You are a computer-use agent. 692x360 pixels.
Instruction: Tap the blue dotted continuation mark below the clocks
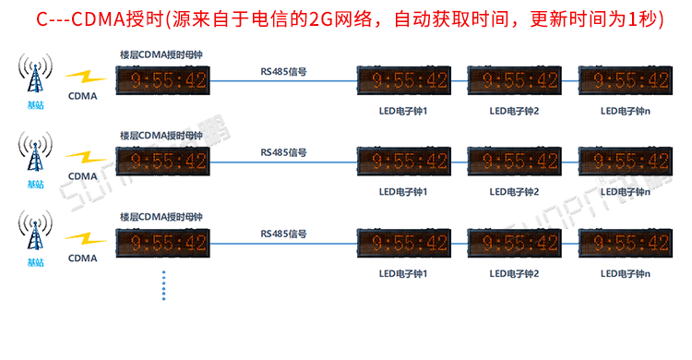(x=163, y=285)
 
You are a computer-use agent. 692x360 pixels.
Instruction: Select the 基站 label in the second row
(x=35, y=184)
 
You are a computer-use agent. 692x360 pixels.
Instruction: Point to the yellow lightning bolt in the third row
(x=86, y=238)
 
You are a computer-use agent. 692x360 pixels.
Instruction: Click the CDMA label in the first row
(x=83, y=96)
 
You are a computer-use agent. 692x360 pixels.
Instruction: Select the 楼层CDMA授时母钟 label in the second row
(x=161, y=136)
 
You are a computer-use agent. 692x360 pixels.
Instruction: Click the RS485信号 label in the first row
(x=283, y=71)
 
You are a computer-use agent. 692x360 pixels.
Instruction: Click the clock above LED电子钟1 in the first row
(x=403, y=81)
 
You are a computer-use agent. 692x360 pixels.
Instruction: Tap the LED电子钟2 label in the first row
(x=514, y=112)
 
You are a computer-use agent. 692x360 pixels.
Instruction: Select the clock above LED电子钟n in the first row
(x=622, y=81)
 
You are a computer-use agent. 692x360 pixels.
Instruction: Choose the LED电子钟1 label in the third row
(x=403, y=273)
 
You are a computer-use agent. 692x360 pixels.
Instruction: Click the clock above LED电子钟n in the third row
(x=622, y=243)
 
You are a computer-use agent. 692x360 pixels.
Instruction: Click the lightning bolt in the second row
(x=86, y=157)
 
